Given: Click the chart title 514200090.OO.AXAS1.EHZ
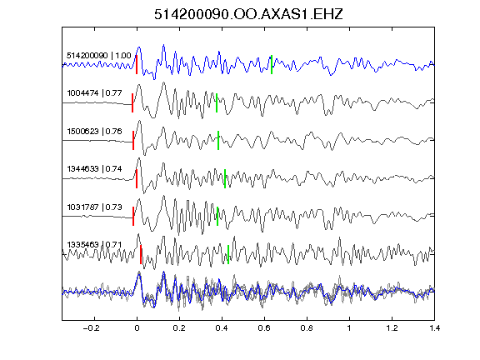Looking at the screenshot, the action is (x=248, y=14).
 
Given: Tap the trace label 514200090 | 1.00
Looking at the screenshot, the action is (x=99, y=56).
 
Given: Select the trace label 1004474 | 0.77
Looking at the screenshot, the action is (x=94, y=93).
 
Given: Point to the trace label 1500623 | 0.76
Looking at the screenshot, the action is (x=94, y=132).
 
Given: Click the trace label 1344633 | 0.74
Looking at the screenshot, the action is (x=94, y=169).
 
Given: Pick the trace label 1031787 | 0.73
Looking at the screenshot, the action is (x=94, y=207).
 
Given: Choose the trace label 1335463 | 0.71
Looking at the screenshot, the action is (x=94, y=245).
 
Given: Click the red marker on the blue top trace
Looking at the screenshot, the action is (x=137, y=65).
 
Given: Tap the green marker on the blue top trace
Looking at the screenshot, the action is (x=272, y=65).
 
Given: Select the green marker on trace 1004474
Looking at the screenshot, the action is (x=217, y=102).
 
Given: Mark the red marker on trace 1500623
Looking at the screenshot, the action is (x=133, y=141).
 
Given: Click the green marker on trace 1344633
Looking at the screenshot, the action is (x=225, y=178).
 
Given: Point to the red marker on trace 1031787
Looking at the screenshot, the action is (x=133, y=216).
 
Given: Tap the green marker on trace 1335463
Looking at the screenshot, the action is (x=228, y=254).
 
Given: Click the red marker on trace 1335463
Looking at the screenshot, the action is (x=141, y=254).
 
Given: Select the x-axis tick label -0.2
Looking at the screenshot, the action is (x=92, y=328).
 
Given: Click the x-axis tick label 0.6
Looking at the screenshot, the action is (x=264, y=328).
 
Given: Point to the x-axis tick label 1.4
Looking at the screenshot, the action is (x=435, y=328).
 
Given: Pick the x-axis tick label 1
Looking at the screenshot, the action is (x=349, y=328).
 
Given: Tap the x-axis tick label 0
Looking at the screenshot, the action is (x=137, y=328).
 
